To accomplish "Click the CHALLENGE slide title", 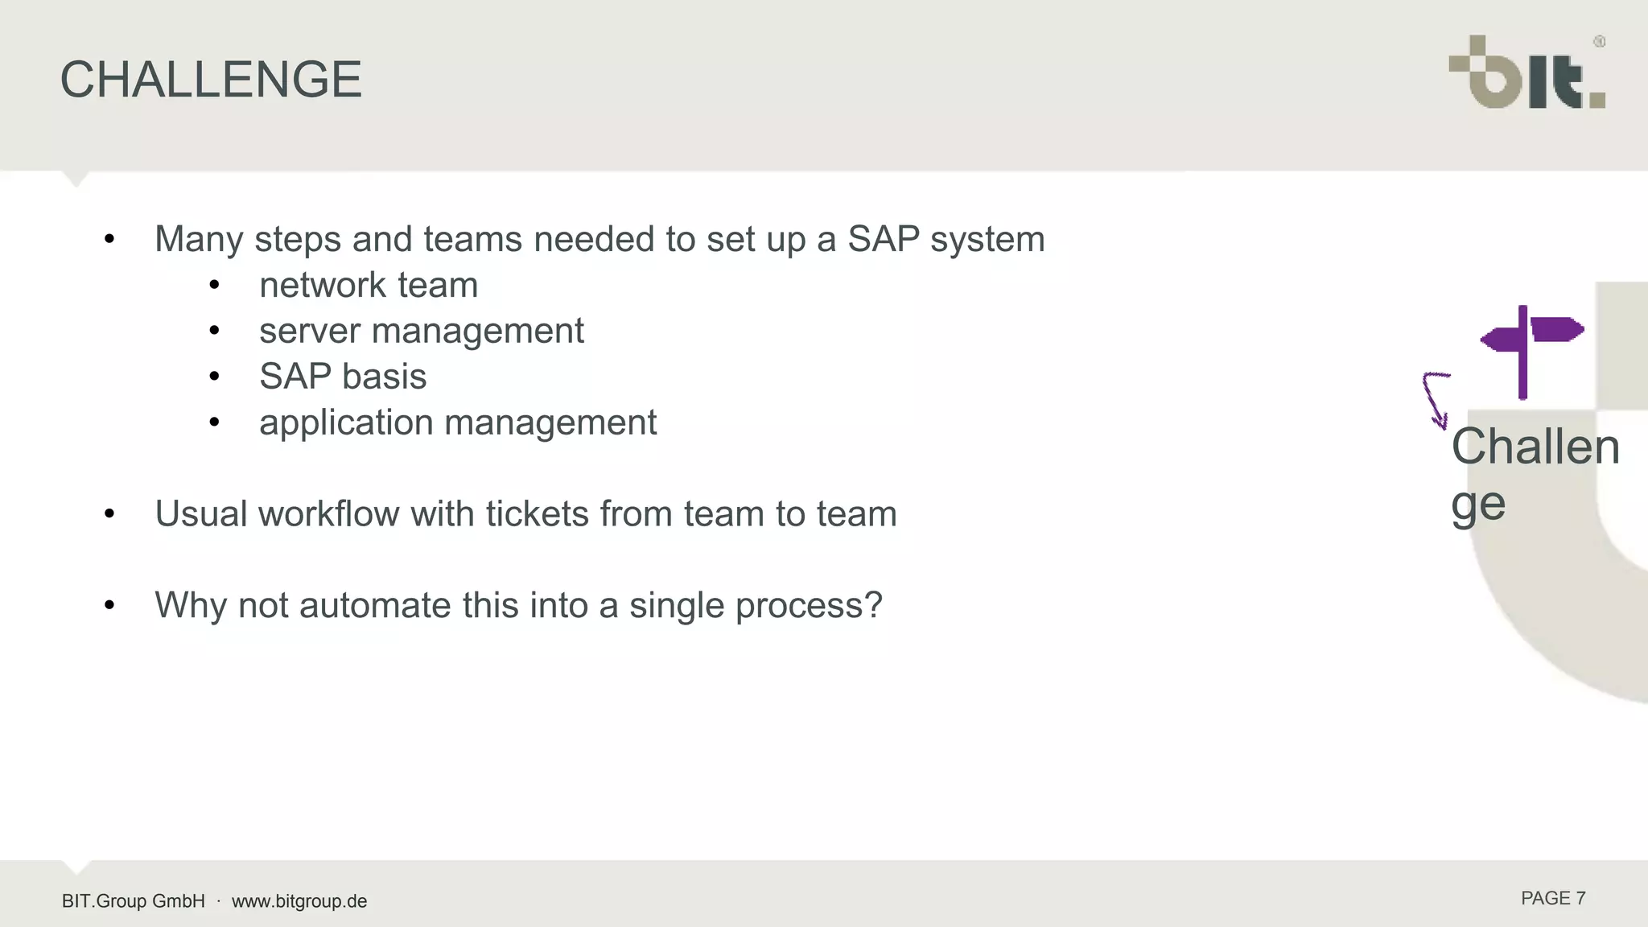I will coord(211,80).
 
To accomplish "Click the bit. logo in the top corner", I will coord(1526,75).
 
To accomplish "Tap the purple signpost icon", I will coord(1530,349).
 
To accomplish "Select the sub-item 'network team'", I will coord(369,285).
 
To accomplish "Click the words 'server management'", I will coord(421,331).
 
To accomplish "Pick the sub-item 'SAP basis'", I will coord(343,377).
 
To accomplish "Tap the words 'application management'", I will coord(458,422).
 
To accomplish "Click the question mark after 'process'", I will coord(873,605).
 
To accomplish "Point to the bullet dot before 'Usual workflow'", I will coord(109,513).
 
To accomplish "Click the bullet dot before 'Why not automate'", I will coord(109,605).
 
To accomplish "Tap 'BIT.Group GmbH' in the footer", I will coord(134,901).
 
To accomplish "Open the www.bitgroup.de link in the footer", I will coord(299,901).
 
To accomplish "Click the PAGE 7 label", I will coord(1552,898).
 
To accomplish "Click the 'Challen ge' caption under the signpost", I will coord(1533,475).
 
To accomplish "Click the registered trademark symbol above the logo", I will coord(1599,42).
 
